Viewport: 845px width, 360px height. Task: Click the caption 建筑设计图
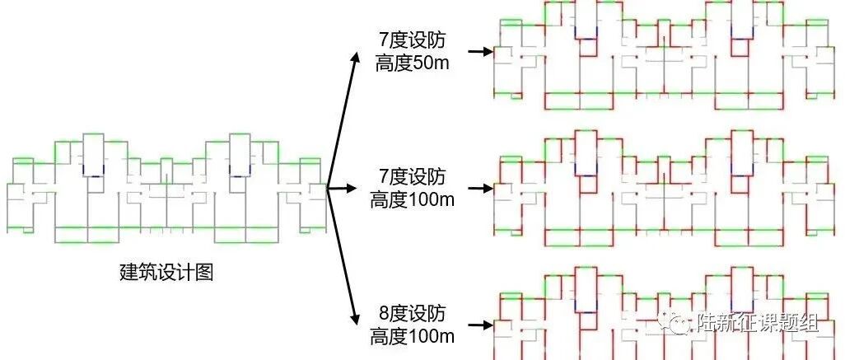166,272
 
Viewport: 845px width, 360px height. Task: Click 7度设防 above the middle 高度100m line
413,176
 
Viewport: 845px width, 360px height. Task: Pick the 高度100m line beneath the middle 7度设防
412,199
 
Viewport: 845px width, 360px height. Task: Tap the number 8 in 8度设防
384,313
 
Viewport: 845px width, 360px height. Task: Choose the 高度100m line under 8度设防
412,336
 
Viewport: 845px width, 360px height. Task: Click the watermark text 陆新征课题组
757,323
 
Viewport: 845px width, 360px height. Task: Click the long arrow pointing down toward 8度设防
342,256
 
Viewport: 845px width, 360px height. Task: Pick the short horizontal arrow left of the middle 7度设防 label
342,188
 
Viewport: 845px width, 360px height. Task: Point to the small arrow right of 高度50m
480,52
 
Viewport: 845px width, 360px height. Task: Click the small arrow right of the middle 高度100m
480,188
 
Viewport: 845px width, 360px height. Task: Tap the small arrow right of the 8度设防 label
480,325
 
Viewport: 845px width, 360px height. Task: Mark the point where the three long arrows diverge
327,188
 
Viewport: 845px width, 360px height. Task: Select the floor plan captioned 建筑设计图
166,188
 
